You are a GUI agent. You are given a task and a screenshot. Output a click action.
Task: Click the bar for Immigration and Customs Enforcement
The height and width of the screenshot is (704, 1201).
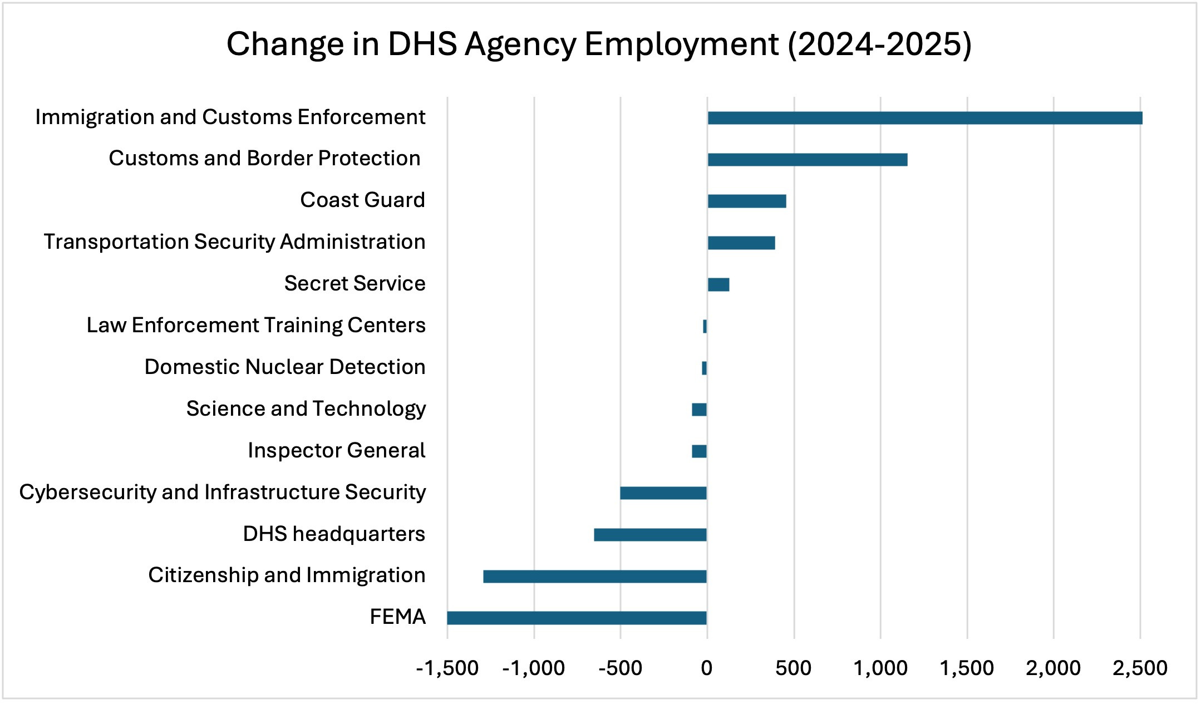coord(924,118)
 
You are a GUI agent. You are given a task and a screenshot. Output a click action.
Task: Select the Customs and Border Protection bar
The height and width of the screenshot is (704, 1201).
coord(807,160)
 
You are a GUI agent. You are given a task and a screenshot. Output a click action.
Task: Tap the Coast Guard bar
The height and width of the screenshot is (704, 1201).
coord(746,201)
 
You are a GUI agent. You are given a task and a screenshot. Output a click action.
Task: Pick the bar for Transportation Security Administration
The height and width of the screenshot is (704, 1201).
coord(741,243)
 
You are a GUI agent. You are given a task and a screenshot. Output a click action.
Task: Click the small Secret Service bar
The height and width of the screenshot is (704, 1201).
coord(718,284)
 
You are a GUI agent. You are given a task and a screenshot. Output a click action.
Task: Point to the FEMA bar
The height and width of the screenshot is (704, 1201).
coord(577,618)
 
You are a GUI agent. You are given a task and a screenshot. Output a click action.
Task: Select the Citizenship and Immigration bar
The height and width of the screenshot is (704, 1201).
coord(594,576)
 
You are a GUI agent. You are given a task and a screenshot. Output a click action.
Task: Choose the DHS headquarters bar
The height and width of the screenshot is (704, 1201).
coord(650,534)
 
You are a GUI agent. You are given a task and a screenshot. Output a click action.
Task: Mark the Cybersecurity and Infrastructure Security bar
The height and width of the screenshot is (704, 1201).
coord(663,493)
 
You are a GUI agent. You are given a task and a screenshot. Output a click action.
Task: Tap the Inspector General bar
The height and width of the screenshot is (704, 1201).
coord(699,451)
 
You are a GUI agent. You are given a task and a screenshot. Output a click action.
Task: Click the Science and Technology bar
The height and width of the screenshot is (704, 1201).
coord(699,410)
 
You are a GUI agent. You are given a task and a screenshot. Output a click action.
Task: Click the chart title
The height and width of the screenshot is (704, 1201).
coord(599,44)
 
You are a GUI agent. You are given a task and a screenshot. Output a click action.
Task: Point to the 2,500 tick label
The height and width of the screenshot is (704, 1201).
coord(1140,668)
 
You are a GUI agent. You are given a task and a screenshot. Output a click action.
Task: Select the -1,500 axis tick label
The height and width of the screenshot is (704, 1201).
coord(447,668)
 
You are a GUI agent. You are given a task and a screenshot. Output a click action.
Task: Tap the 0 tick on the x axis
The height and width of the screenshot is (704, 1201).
coord(707,668)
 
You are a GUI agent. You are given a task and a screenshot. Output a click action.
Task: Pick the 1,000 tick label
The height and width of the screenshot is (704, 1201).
coord(880,668)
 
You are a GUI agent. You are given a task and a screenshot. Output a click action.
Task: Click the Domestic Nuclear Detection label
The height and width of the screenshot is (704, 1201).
coord(285,367)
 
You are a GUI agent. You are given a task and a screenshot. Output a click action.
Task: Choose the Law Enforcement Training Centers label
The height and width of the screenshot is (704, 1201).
coord(256,325)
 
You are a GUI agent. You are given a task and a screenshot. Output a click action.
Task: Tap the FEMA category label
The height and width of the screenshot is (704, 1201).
coord(397,617)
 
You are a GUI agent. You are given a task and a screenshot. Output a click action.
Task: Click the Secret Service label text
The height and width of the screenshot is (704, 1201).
coord(355,283)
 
